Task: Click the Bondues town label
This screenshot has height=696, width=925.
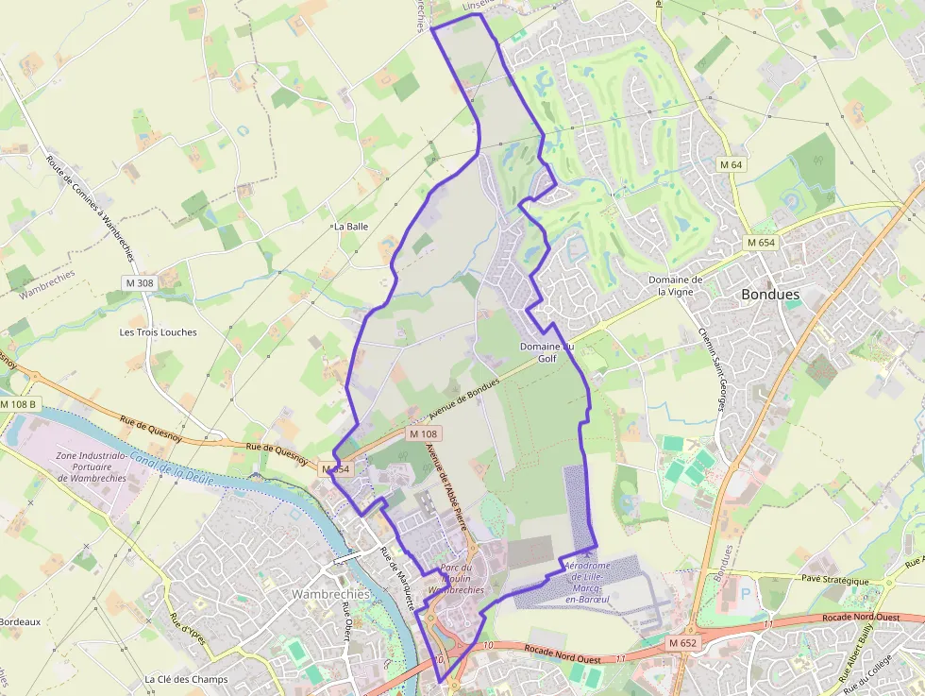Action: click(770, 295)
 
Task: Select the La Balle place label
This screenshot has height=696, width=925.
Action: click(350, 227)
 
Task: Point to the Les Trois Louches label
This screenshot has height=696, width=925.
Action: click(159, 332)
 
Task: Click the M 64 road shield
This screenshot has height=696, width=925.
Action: click(732, 165)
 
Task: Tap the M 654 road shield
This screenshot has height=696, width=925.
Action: click(760, 243)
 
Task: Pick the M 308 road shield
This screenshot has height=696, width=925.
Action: click(139, 282)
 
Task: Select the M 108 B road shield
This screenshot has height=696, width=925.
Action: click(18, 404)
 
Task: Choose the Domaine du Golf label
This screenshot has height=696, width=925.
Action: click(547, 352)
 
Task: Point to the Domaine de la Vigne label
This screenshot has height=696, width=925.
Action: click(676, 286)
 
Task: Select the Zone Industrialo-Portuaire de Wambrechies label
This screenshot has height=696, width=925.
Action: click(92, 467)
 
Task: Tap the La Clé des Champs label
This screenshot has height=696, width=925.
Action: click(186, 679)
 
